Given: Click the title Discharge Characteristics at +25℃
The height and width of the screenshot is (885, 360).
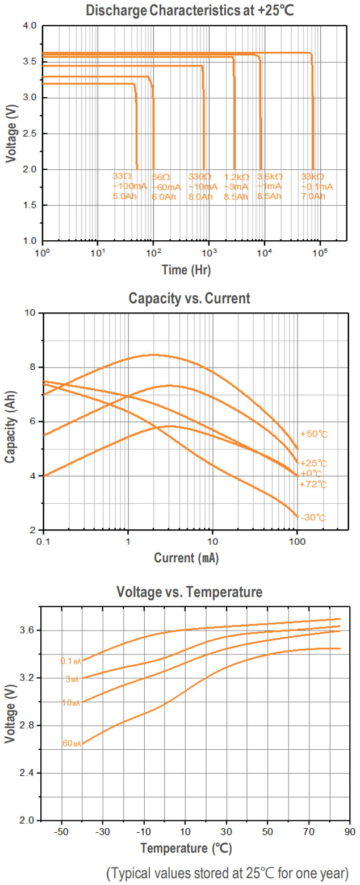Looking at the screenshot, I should pos(189,10).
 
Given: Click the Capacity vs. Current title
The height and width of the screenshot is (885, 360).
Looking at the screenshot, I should pos(189,298).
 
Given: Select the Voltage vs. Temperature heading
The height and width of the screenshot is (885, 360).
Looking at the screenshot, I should pos(189,592).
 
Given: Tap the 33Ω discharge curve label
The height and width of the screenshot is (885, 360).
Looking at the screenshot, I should pos(123,177).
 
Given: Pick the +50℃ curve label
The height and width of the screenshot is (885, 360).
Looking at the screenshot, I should pos(313,434).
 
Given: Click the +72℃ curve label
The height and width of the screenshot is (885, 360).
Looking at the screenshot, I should pos(313,485).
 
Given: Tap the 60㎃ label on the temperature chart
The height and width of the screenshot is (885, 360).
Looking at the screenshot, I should pos(72,744).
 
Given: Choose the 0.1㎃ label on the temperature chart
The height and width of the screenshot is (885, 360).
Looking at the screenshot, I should pos(71,661).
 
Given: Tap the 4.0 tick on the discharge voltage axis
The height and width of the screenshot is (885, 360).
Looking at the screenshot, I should pos(30,26).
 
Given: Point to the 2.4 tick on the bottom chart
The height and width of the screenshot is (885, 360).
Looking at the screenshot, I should pos(30,773).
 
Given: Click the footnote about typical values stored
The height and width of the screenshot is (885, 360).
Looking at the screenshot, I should pos(227,872).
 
